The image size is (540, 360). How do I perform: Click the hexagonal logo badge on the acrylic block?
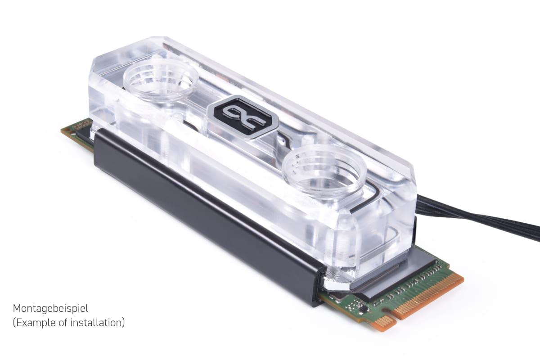coord(243,117)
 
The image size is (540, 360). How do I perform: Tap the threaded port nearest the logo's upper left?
coord(161,79)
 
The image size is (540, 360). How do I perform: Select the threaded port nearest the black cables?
coord(324,172)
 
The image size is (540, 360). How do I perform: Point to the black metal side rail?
coord(207,217)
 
